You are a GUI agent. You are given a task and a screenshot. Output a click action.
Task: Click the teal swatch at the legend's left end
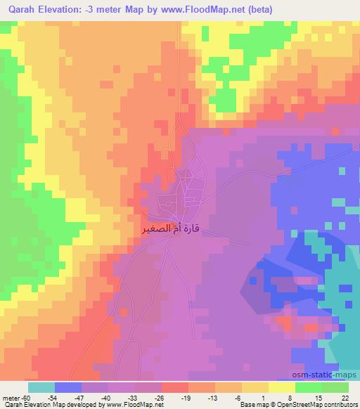pos(41,387)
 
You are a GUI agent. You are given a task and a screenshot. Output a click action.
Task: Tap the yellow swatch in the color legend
pos(282,387)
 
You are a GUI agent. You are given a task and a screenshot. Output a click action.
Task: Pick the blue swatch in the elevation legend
pos(68,387)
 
